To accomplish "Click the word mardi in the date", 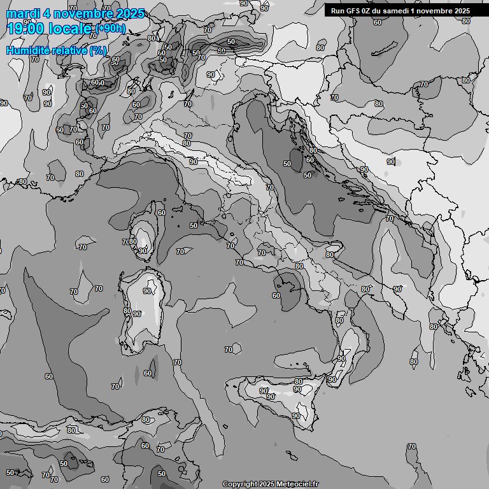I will coord(22,13).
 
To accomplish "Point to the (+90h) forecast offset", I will coord(111,29).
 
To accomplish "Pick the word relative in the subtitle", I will coord(66,50).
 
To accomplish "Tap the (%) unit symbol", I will coord(98,50).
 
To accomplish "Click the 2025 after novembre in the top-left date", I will coord(127,13).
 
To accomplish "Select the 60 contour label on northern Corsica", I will coord(162,213).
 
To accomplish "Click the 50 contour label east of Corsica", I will coord(194,225).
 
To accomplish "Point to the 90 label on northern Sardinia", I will coord(147,291).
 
